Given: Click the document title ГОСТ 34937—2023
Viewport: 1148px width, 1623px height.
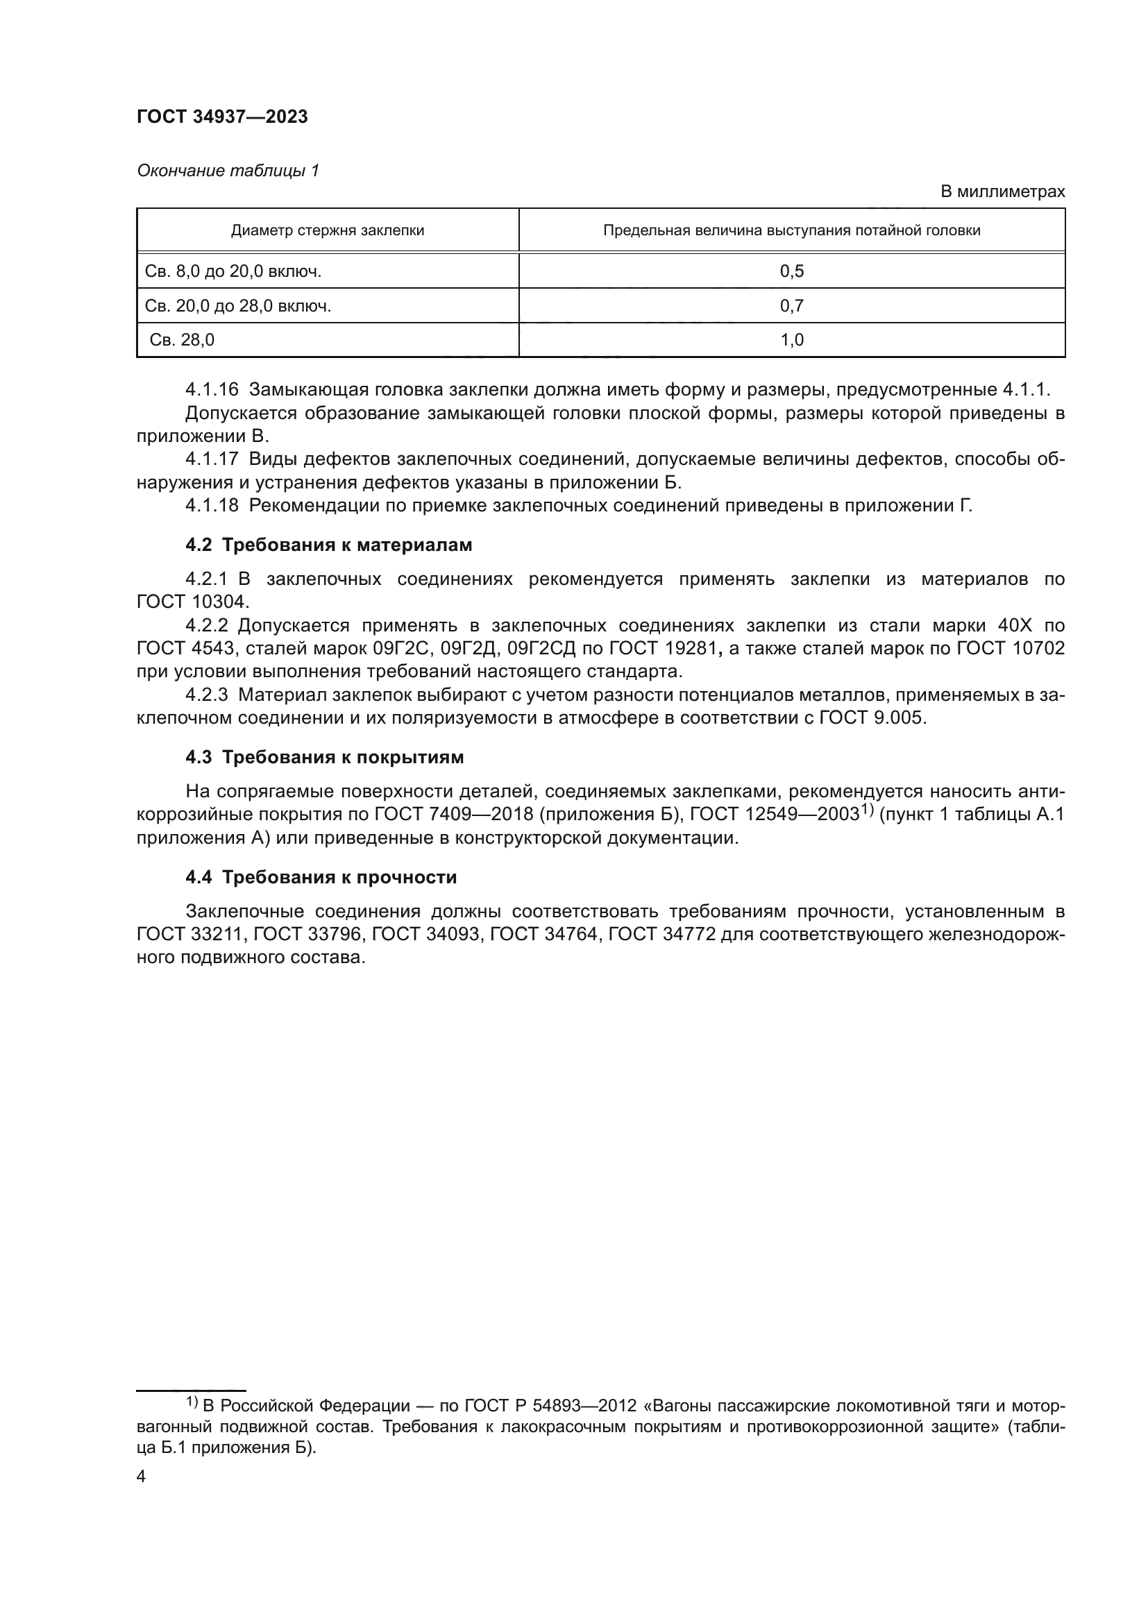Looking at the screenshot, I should point(222,117).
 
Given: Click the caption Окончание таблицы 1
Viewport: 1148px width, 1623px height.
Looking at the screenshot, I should point(228,171).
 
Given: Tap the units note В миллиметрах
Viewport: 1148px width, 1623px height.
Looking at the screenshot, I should point(1002,192).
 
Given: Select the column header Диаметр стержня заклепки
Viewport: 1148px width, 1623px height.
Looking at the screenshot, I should point(328,230).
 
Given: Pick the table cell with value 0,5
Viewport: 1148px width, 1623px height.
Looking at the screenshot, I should point(791,271).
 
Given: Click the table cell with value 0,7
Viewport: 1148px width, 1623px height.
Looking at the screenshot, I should point(791,306).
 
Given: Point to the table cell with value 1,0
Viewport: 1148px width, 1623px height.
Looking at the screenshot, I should point(791,340).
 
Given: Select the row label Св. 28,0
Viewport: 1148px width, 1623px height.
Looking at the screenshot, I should point(182,340).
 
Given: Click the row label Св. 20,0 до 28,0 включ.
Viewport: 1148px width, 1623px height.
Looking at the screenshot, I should point(237,306).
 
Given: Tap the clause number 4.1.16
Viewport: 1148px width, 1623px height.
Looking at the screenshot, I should point(212,389).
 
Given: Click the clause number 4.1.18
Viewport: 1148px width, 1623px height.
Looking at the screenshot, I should point(212,505).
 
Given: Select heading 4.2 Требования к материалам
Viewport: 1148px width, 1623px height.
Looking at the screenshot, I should point(328,545).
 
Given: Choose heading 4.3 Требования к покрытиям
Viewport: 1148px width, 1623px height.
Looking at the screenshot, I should point(324,757).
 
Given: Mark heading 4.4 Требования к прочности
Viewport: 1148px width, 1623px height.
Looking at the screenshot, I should point(321,877).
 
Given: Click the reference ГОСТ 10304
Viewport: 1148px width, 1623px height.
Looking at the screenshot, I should point(192,602).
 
